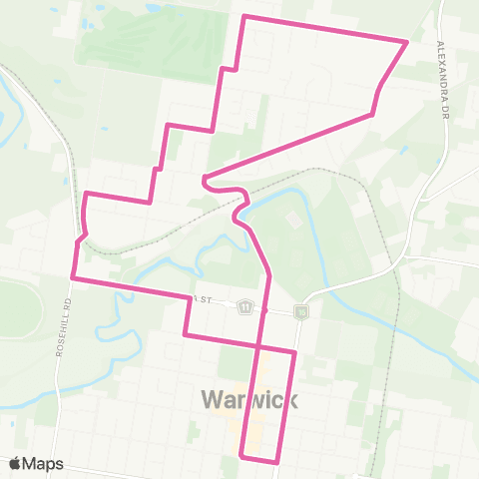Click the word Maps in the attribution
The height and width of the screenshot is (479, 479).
coord(44,463)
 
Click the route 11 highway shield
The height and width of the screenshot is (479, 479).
coord(244,308)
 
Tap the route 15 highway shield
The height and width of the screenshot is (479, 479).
coord(301,312)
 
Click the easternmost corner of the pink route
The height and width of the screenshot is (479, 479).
coord(407,42)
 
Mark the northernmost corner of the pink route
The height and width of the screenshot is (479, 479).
coord(245,16)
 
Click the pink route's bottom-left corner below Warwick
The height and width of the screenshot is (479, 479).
coord(242,457)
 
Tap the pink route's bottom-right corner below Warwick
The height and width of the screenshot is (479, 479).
coord(277,462)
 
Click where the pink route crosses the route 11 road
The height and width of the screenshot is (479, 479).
coord(265,309)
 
